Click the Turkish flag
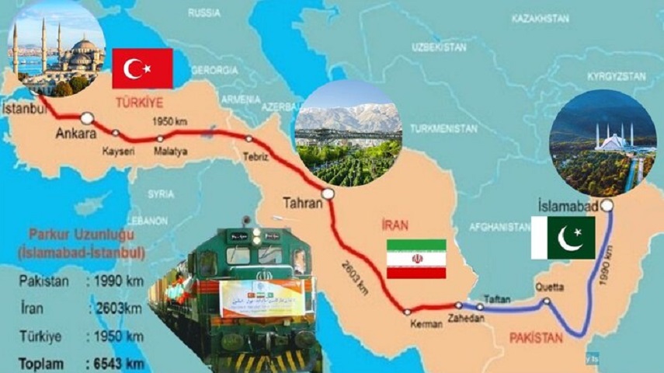pyautogui.click(x=142, y=68)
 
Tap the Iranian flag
pyautogui.click(x=415, y=259)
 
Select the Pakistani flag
pyautogui.click(x=563, y=238)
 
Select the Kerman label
pyautogui.click(x=426, y=323)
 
